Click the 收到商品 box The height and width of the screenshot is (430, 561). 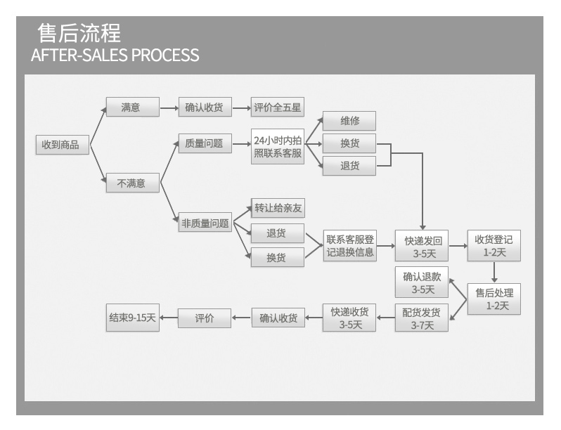point(63,145)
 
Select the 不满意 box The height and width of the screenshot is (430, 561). point(132,183)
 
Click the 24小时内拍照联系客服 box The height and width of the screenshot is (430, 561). point(278,146)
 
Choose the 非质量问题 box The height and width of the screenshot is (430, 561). point(205,223)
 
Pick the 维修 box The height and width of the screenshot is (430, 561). point(349,121)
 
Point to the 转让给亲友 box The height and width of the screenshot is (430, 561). point(278,208)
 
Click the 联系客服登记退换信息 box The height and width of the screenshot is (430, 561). point(350,246)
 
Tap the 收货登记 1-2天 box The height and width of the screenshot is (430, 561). point(494,246)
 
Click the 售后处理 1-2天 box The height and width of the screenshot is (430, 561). point(494,299)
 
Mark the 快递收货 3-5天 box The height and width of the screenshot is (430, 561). point(350,318)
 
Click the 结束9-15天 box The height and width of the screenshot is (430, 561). point(132,318)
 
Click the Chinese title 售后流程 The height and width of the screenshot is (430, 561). point(79,33)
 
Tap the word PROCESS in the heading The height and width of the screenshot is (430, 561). point(165,55)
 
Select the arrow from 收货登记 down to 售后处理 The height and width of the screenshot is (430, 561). point(494,273)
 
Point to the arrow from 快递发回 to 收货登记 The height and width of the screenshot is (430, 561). point(458,246)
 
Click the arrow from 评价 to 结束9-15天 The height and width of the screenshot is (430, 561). point(169,318)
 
